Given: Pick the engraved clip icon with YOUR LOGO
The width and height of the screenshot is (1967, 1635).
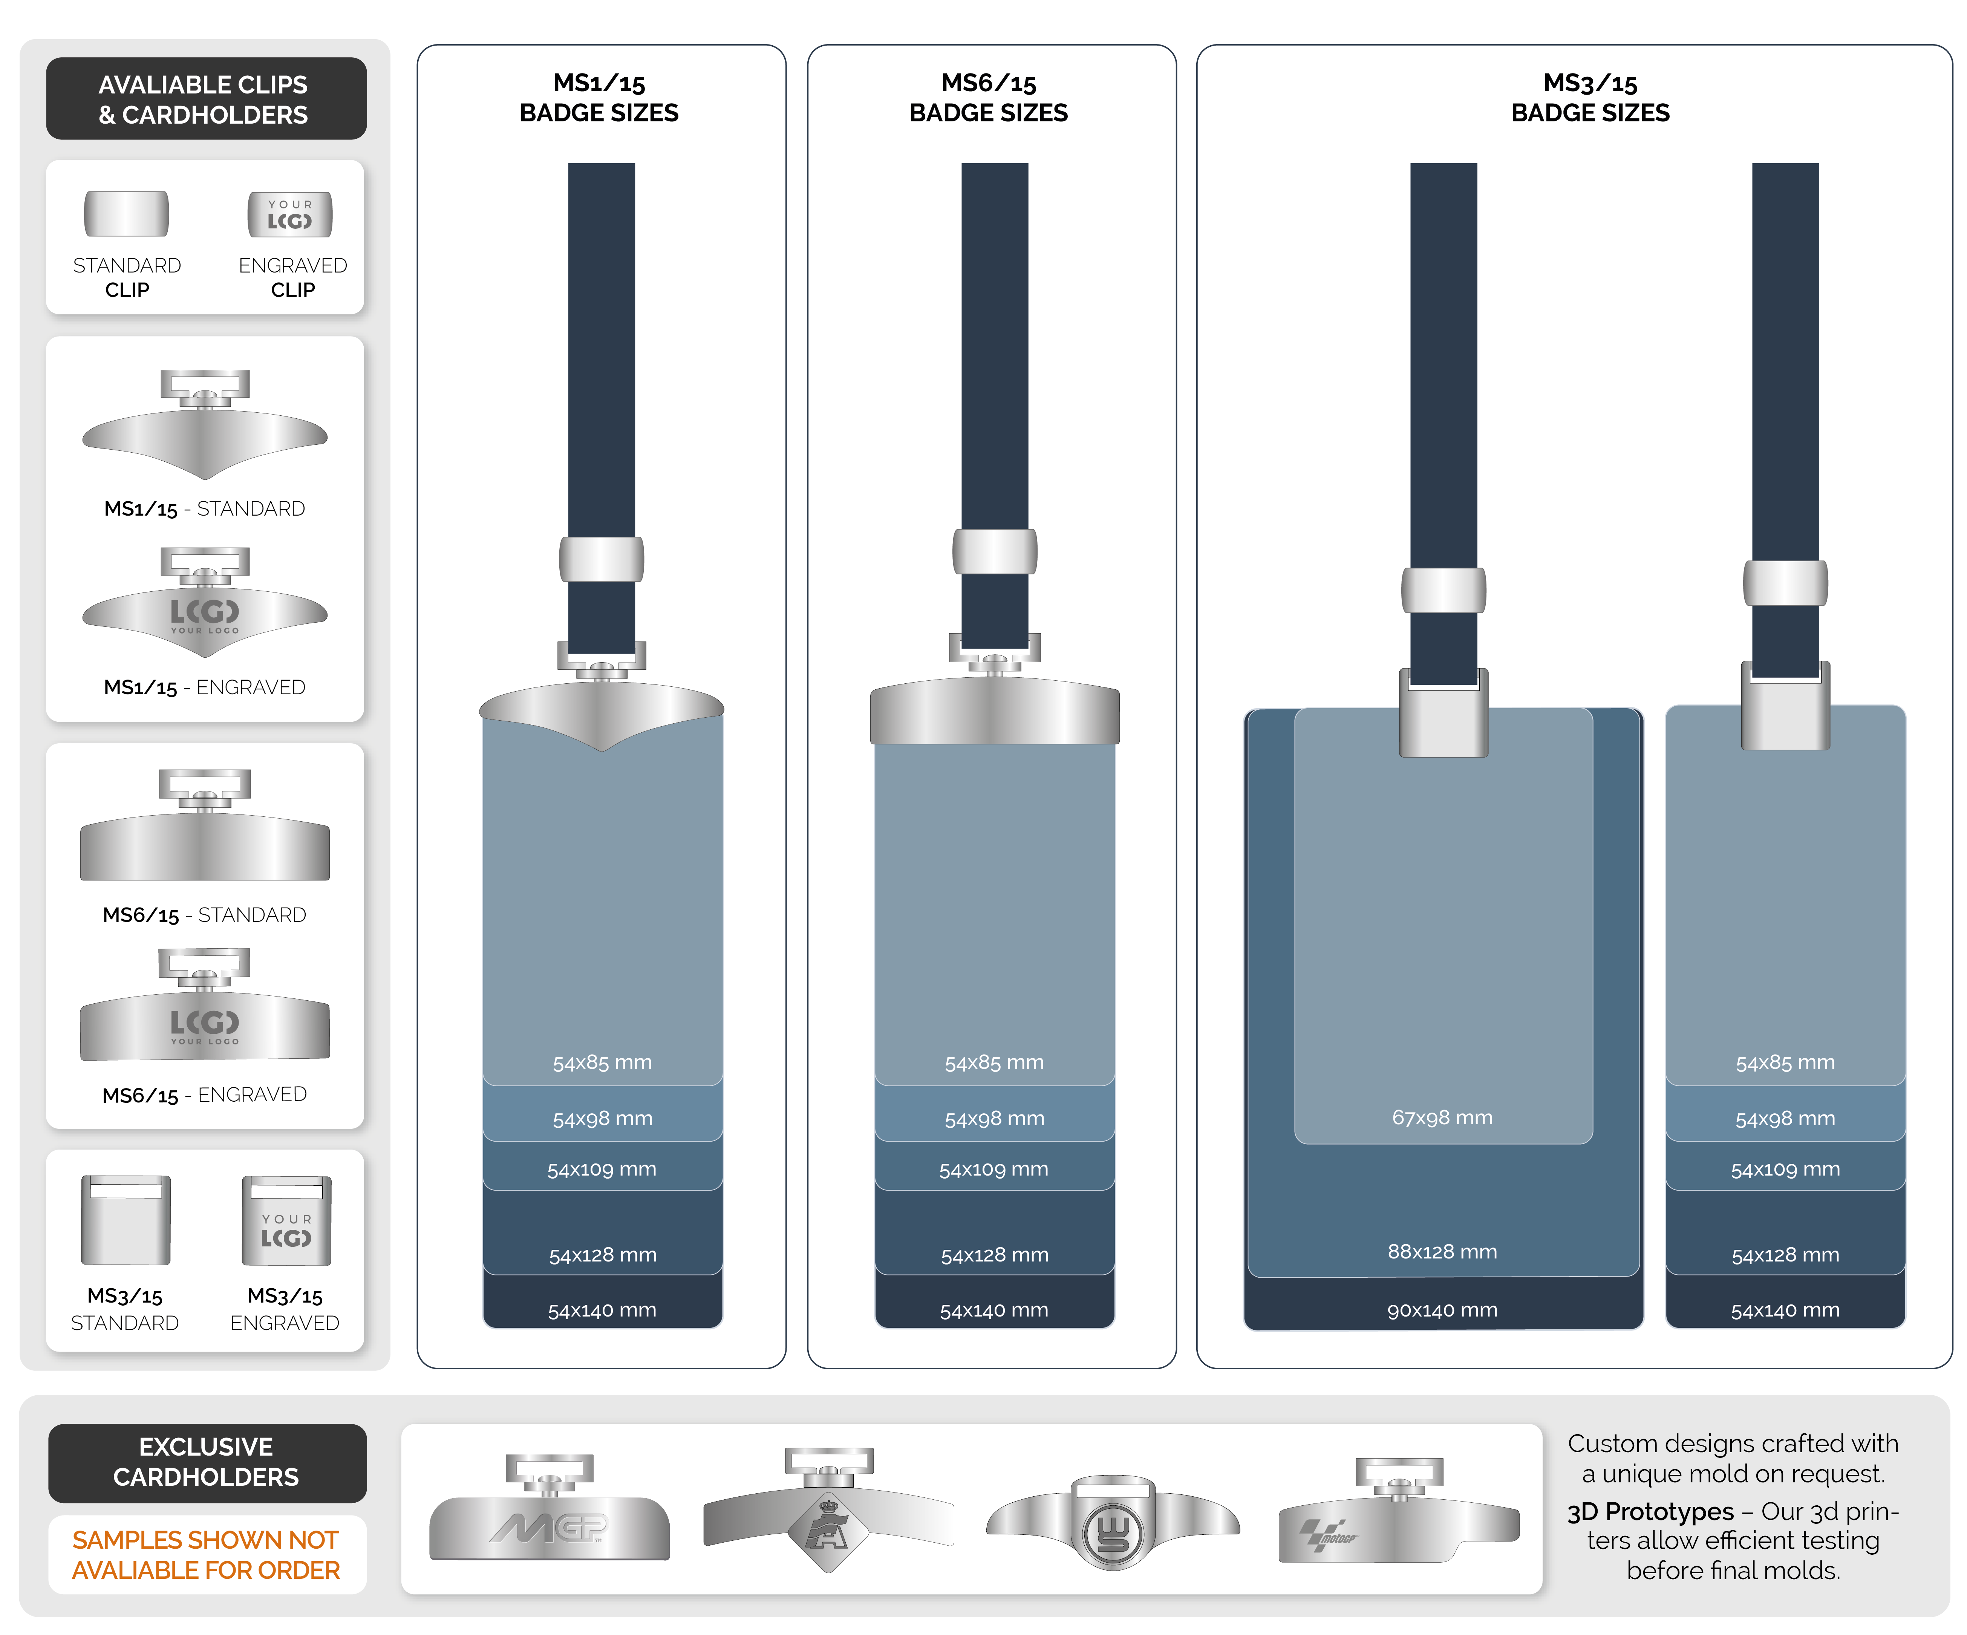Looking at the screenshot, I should pos(289,214).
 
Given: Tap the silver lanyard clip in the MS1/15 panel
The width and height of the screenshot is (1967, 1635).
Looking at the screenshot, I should pos(602,559).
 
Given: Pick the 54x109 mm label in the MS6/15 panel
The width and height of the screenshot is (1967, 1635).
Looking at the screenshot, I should pos(994,1169).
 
